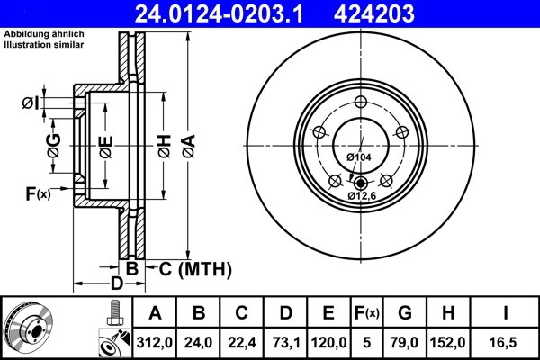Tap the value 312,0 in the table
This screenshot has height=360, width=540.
point(155,342)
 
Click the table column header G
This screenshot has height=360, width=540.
point(404,312)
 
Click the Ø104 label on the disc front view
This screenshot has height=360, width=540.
point(359,157)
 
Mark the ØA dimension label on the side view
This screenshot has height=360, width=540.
point(186,141)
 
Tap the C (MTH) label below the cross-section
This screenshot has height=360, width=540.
point(195,268)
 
